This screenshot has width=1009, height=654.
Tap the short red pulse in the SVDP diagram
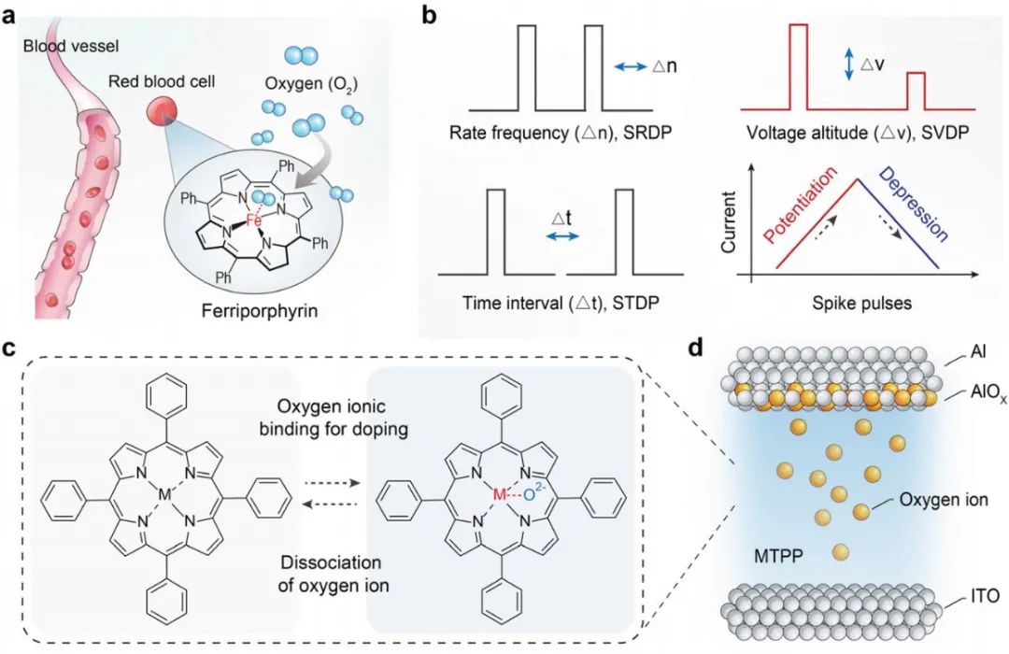916,91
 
